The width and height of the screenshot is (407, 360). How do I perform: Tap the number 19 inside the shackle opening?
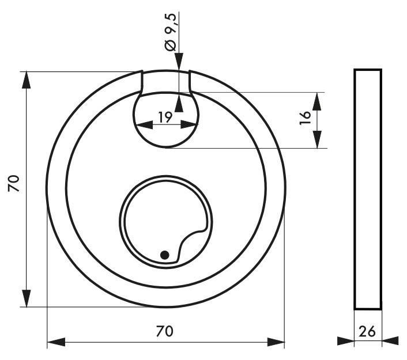coord(165,118)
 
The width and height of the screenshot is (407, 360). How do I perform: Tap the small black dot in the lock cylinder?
coord(164,255)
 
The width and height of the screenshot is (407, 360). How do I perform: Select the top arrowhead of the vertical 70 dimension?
coord(26,80)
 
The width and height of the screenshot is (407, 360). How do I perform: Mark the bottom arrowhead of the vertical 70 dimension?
coord(26,298)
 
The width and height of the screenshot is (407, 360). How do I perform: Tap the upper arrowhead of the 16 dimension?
coord(316,100)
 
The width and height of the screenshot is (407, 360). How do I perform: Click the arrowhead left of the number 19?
coord(141,123)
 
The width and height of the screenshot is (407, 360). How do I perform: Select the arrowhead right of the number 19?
coord(190,123)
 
